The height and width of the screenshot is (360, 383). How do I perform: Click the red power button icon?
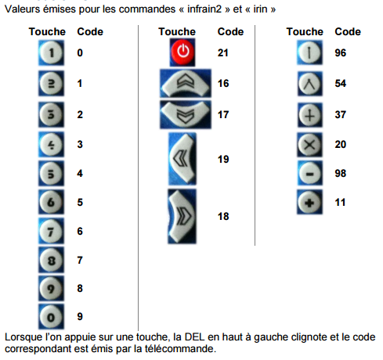pos(182,53)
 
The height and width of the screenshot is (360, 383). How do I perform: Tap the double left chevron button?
pos(182,159)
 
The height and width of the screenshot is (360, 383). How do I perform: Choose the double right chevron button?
pos(182,215)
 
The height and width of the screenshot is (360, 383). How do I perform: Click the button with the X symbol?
pos(309,144)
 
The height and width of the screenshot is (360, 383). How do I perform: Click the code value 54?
pos(340,82)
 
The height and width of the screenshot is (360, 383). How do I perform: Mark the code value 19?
pos(223,159)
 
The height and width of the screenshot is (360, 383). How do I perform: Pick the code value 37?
pos(340,114)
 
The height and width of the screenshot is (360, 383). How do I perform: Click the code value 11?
pos(340,202)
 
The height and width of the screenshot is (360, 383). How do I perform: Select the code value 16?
pos(223,82)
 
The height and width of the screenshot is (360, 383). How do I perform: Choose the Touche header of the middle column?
pos(176,32)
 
